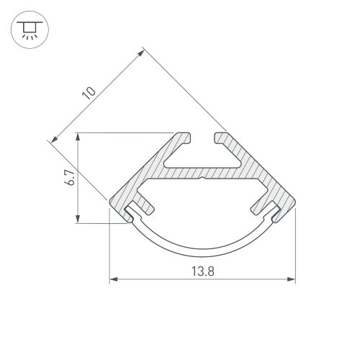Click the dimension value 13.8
coord(203,271)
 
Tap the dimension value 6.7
coord(69,178)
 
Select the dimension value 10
coord(89,93)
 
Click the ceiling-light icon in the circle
coord(30,30)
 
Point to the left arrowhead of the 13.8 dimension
coord(114,279)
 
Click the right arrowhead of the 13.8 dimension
coord(292,279)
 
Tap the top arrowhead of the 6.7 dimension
coord(78,137)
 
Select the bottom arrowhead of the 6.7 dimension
coord(78,219)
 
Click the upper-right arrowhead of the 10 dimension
coord(140,53)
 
